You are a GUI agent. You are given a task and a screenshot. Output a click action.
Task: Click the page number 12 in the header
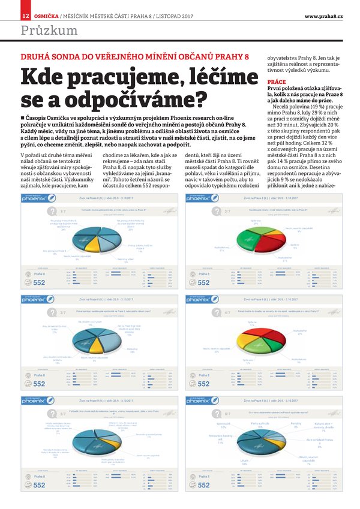click(x=26, y=15)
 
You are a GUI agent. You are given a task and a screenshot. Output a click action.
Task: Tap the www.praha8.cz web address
click(x=323, y=15)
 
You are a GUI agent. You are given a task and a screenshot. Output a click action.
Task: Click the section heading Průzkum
click(x=49, y=30)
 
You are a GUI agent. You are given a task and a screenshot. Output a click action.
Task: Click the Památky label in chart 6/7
click(x=296, y=424)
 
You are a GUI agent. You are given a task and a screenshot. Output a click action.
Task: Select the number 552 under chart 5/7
click(x=39, y=485)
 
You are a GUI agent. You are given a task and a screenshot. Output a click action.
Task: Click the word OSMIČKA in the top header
click(x=46, y=15)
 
